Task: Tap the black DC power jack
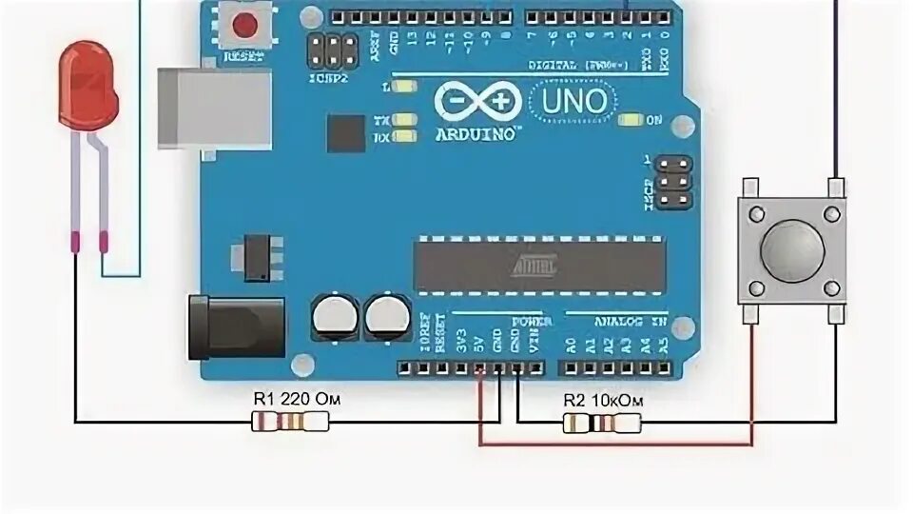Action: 236,326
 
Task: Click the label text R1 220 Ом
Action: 295,400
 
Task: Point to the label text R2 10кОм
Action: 603,401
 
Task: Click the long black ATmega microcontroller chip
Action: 539,265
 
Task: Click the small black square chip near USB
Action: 345,133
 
